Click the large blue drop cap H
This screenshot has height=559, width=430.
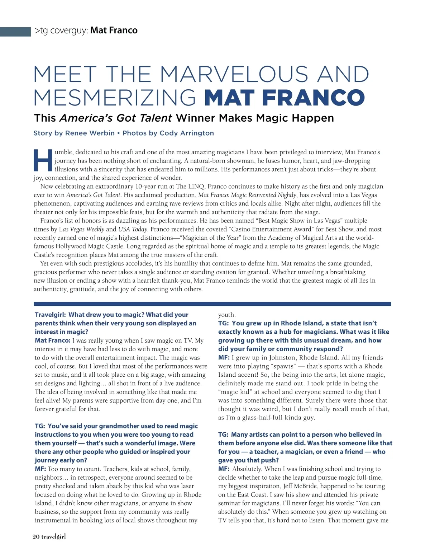pyautogui.click(x=43, y=160)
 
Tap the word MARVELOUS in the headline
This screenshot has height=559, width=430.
pyautogui.click(x=234, y=74)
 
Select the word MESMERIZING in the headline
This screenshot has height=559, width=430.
pyautogui.click(x=115, y=97)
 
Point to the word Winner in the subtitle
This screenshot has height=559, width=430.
pyautogui.click(x=196, y=118)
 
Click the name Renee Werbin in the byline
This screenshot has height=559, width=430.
pyautogui.click(x=90, y=133)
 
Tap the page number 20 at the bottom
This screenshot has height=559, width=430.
pyautogui.click(x=36, y=537)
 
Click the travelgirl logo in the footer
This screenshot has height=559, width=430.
pyautogui.click(x=53, y=537)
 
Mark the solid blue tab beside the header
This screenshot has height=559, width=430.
pyautogui.click(x=15, y=32)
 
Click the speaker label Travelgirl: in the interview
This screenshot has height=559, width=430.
pyautogui.click(x=50, y=315)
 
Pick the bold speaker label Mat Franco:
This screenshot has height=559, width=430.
pyautogui.click(x=53, y=340)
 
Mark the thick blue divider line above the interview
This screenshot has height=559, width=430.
pyautogui.click(x=212, y=304)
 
